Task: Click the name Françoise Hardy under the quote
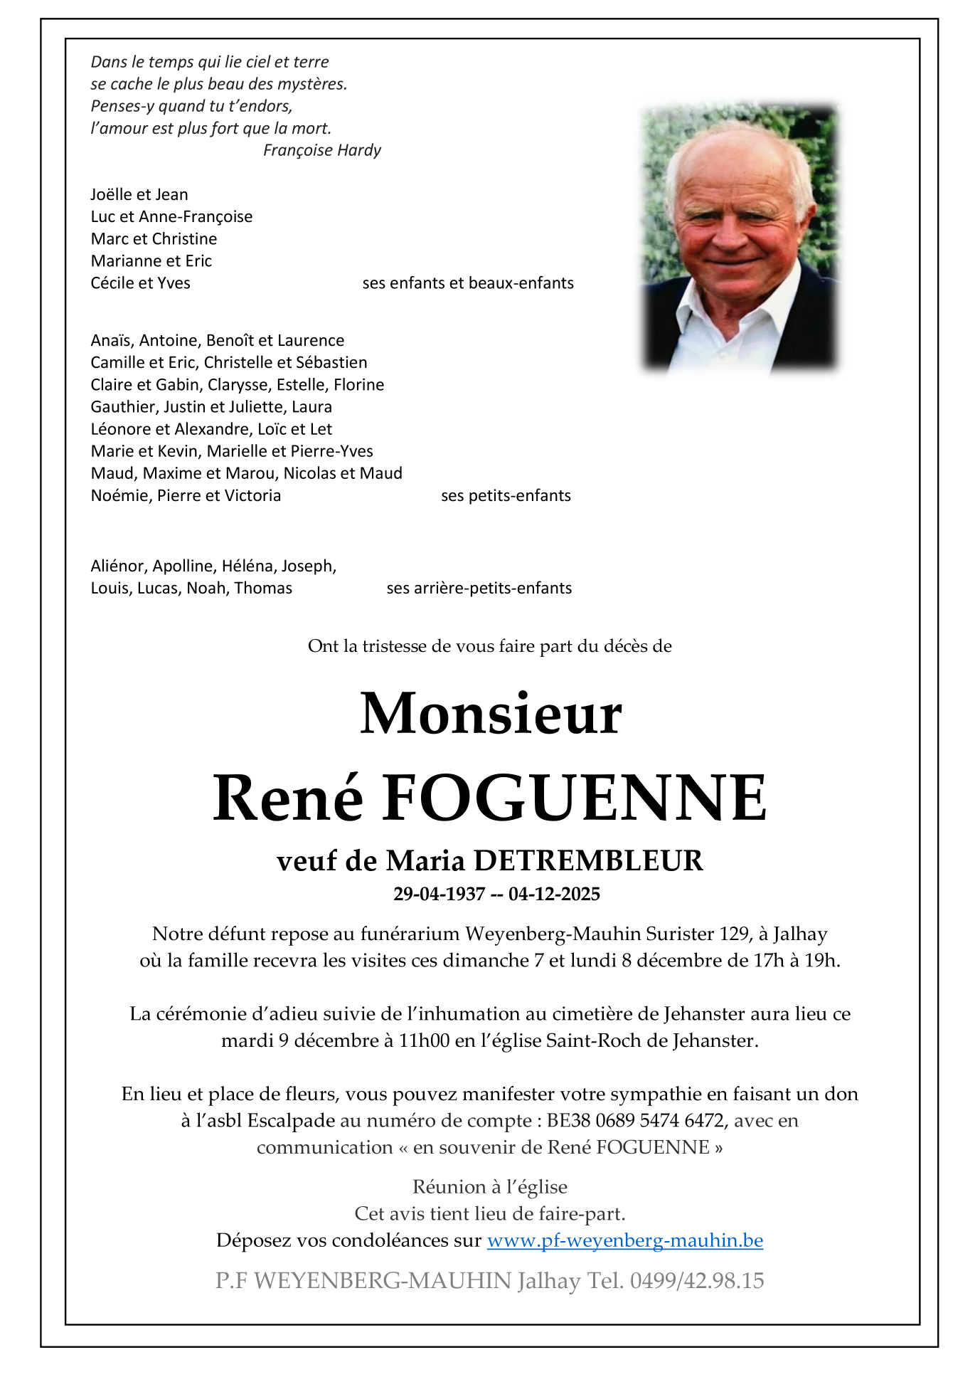click(x=321, y=150)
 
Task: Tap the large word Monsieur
click(x=491, y=713)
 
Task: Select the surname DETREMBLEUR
click(x=587, y=861)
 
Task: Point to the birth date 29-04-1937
click(x=439, y=895)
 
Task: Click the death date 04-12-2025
click(x=554, y=895)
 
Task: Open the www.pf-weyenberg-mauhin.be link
click(x=624, y=1240)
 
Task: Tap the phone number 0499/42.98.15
click(x=696, y=1281)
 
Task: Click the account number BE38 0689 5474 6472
click(x=636, y=1121)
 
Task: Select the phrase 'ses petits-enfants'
click(x=506, y=496)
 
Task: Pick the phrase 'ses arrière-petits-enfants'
click(x=479, y=589)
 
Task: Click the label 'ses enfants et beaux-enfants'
click(x=467, y=283)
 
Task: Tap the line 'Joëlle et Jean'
click(x=139, y=195)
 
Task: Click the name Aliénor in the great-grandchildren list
click(x=117, y=566)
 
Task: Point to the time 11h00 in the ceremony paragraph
click(x=424, y=1041)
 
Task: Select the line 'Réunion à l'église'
click(x=489, y=1187)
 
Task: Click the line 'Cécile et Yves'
click(x=140, y=283)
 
